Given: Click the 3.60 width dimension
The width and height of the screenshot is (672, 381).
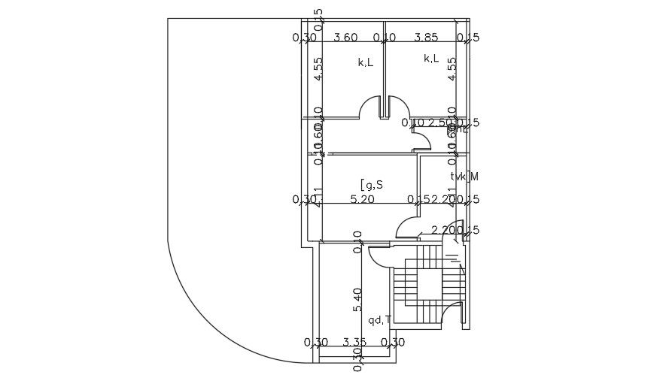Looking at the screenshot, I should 345,37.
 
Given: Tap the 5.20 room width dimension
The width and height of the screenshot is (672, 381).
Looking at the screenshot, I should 363,199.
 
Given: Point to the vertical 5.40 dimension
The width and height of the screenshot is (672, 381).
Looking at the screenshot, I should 357,300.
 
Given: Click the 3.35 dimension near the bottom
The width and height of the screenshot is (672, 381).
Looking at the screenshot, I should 354,343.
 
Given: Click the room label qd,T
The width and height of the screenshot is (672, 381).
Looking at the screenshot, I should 379,320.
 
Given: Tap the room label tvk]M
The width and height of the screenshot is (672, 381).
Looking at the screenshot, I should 464,177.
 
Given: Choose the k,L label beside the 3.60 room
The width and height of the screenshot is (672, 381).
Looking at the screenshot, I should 366,63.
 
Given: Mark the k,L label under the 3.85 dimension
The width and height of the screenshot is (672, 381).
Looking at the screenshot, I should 431,59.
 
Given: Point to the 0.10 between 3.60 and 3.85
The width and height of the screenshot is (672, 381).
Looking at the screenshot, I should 385,37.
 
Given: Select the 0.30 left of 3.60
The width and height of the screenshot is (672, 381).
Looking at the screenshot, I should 304,37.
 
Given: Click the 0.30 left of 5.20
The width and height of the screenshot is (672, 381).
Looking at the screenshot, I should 304,199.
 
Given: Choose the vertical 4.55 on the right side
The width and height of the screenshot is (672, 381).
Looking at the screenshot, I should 452,69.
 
